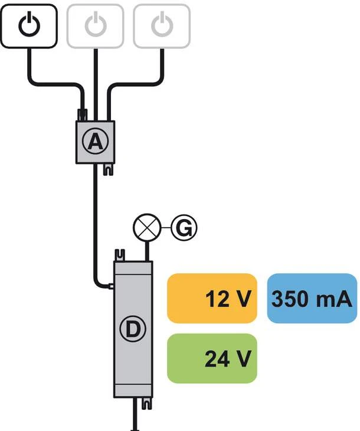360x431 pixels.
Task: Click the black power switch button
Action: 28,25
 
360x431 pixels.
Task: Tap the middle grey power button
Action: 95,25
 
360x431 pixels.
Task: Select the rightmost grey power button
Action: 161,25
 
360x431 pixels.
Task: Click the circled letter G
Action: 184,227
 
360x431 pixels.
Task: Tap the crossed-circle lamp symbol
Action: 145,227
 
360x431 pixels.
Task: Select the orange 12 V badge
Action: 212,299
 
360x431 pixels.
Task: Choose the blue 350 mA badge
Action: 312,299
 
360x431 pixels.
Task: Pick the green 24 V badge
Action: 212,358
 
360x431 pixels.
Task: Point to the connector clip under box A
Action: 107,170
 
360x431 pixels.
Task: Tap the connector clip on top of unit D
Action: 121,255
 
